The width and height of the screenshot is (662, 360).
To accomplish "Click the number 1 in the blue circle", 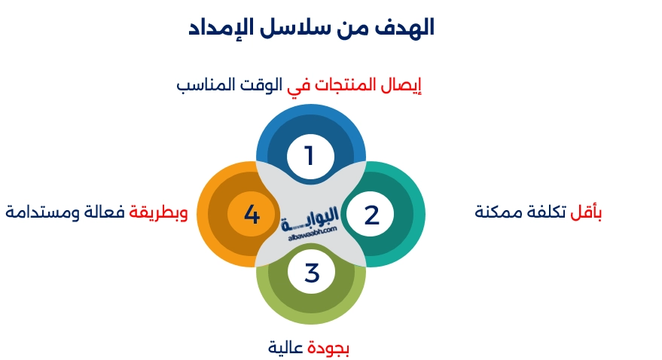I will point(308,156).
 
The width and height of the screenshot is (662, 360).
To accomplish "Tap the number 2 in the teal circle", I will point(371,215).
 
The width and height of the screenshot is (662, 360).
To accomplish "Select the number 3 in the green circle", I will point(312,273).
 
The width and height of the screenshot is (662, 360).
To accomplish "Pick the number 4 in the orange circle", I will point(252,215).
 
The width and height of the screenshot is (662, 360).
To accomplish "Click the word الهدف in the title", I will point(404,29).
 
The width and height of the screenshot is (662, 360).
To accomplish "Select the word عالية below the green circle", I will point(287,348).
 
